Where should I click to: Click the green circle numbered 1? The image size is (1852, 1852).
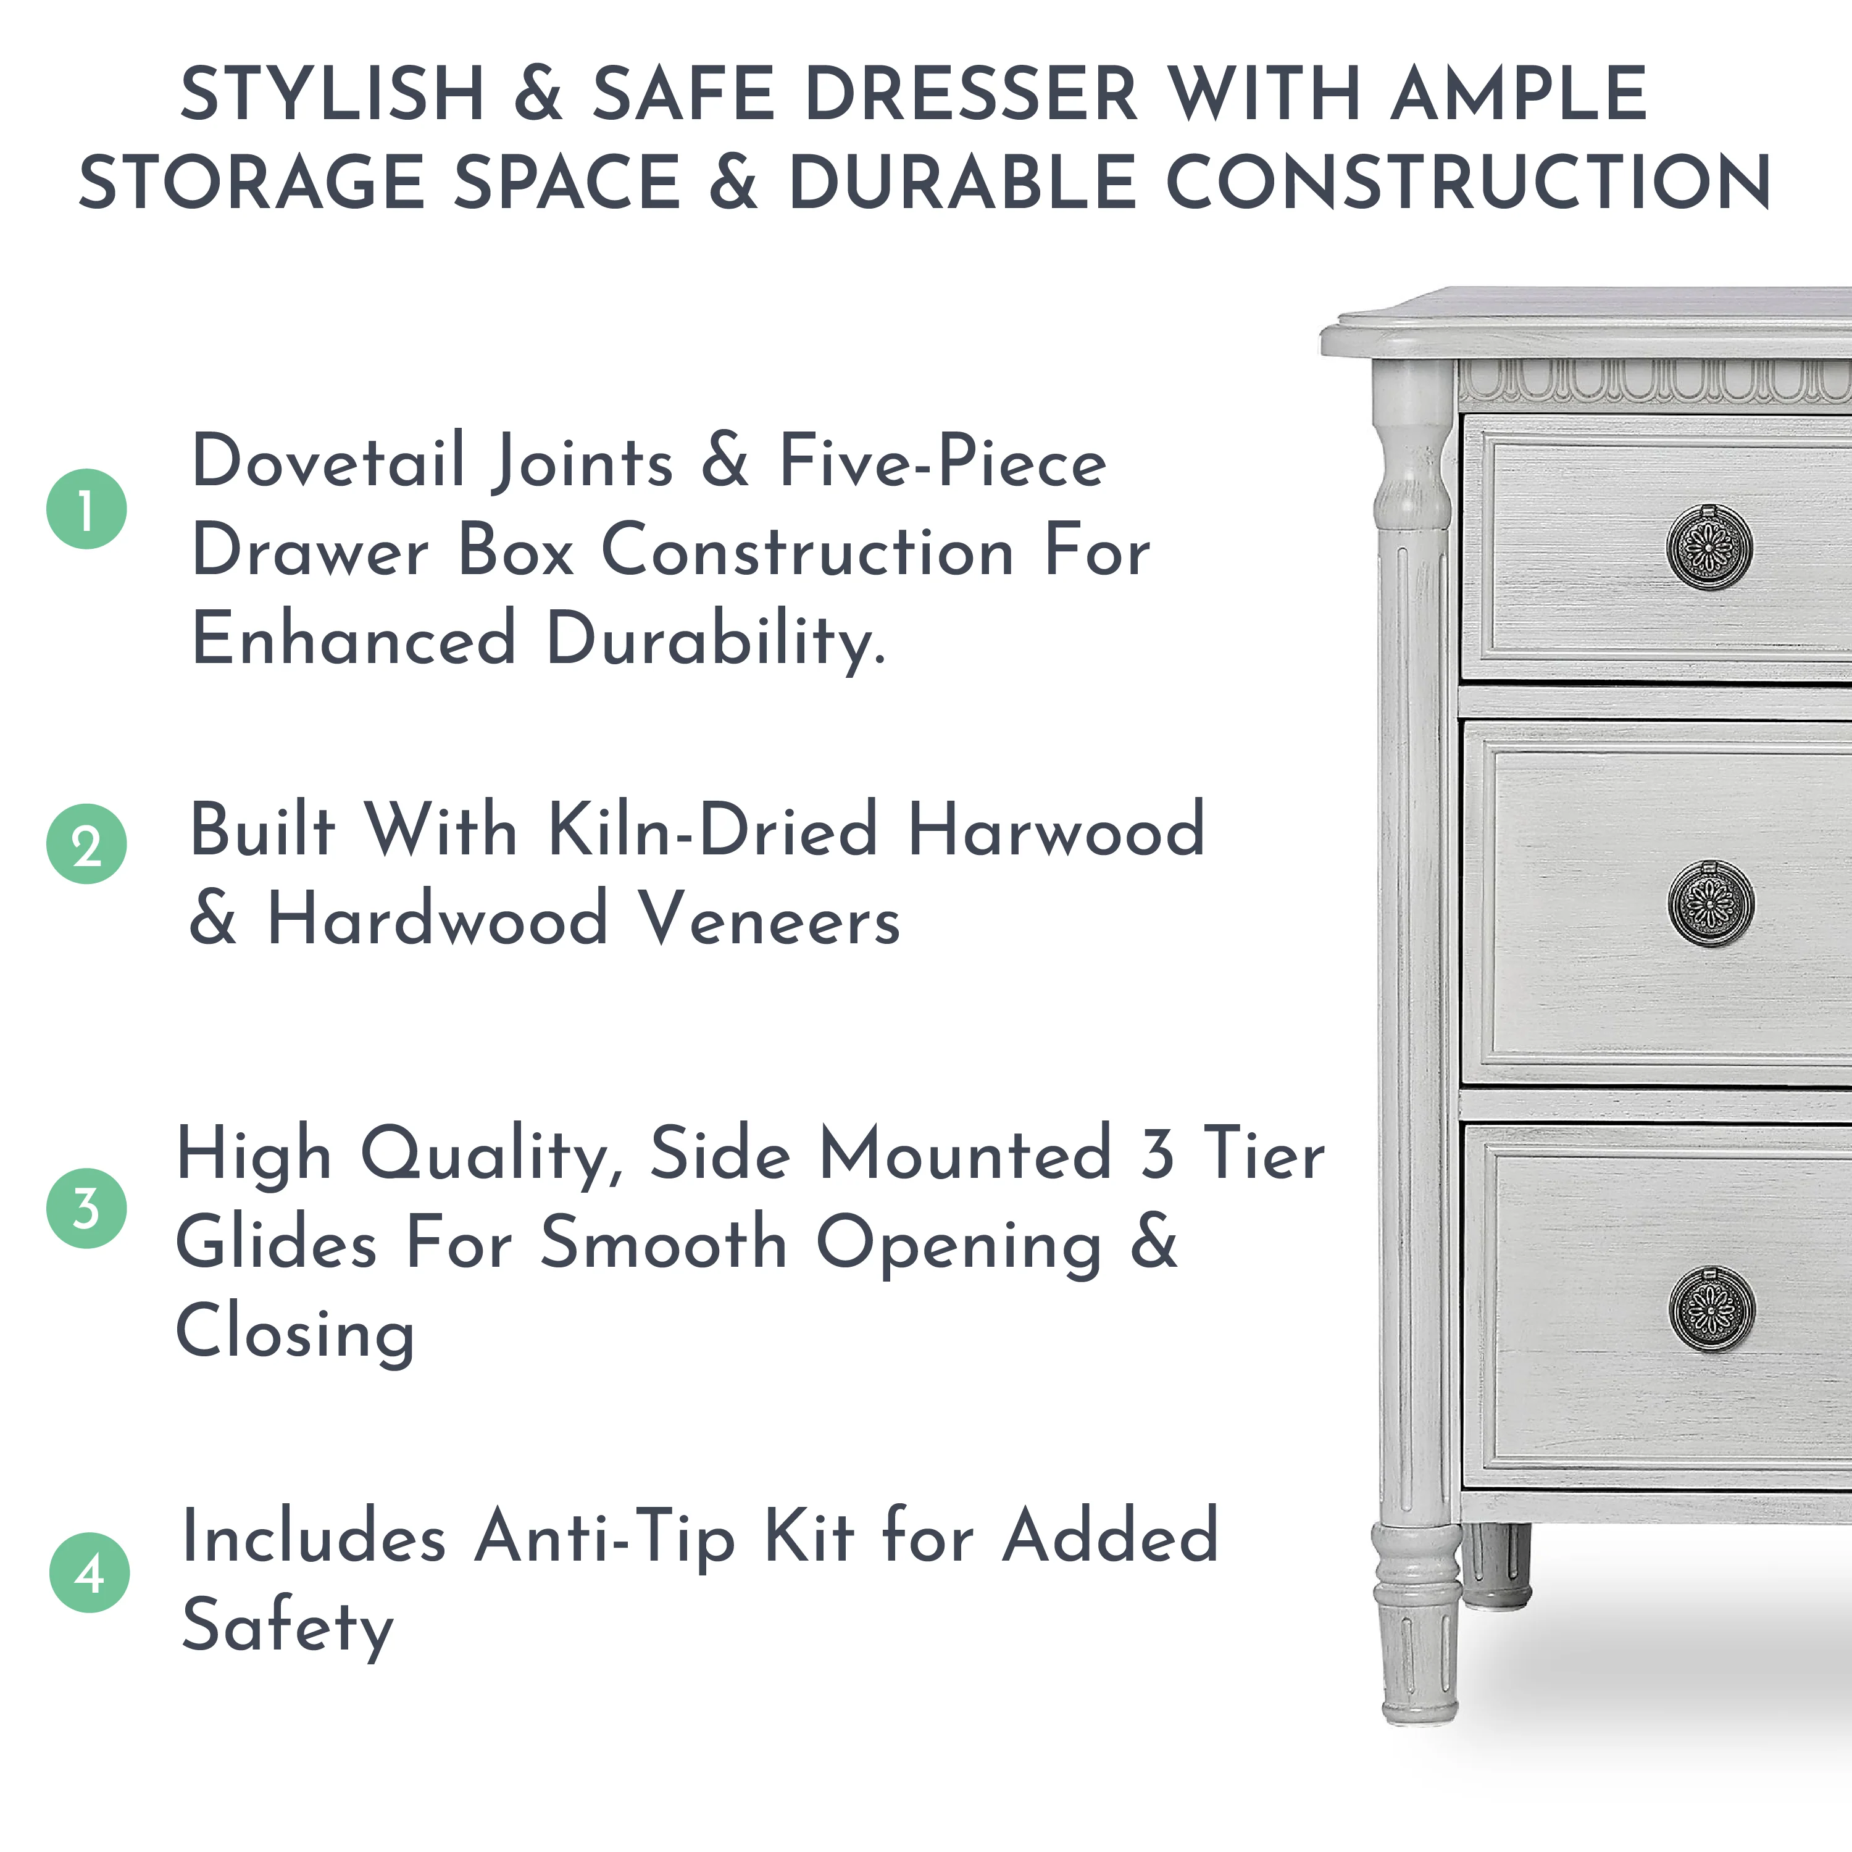click(86, 509)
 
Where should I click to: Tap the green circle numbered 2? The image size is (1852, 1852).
click(86, 843)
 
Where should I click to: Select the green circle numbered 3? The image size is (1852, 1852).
click(86, 1208)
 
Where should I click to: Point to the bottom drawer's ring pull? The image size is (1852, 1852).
click(1711, 1309)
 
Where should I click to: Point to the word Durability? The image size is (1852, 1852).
click(716, 640)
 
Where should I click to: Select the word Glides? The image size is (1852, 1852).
click(276, 1243)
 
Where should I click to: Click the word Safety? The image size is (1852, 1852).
click(288, 1628)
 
